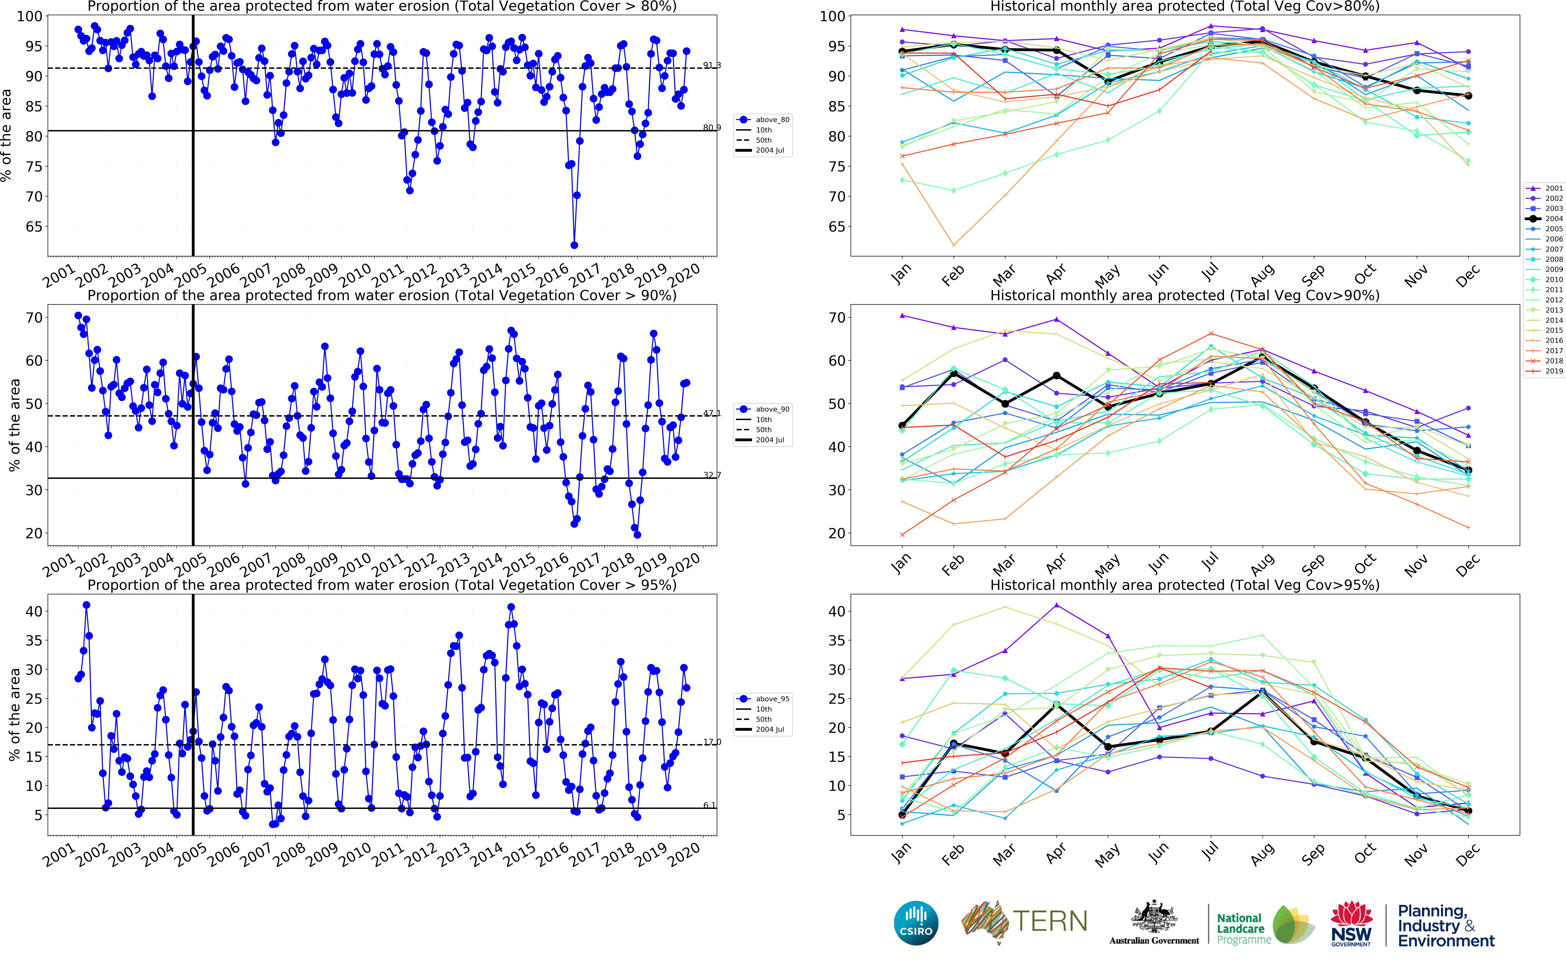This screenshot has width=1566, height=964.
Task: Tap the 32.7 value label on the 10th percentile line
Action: click(x=712, y=475)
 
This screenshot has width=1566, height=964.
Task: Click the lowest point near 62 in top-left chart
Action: click(x=574, y=245)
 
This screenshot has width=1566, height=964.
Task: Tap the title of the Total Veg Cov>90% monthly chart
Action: click(x=1185, y=295)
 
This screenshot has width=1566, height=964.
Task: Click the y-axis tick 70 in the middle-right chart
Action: click(x=836, y=318)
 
